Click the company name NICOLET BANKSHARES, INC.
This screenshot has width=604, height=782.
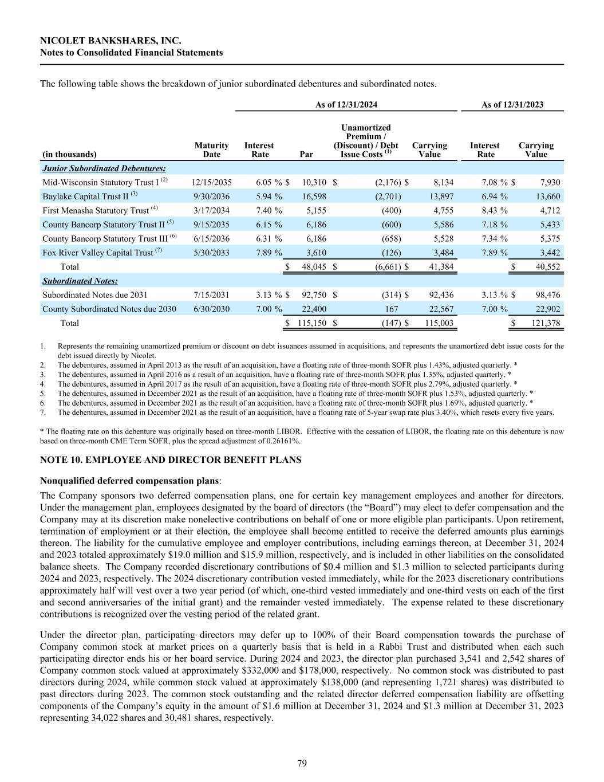click(x=110, y=41)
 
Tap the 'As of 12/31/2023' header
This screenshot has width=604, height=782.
click(x=512, y=104)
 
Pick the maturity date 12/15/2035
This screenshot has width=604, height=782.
click(x=211, y=183)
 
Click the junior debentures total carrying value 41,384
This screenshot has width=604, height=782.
click(x=441, y=267)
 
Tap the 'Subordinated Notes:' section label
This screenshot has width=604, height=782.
click(x=80, y=281)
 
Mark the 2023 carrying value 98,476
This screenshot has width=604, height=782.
click(x=546, y=295)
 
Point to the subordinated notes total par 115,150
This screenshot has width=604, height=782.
click(x=311, y=323)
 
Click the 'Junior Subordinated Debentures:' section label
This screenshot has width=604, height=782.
click(x=104, y=168)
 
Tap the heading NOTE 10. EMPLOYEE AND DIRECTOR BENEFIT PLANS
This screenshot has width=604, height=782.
click(x=171, y=460)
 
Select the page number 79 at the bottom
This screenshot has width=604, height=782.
click(x=302, y=763)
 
